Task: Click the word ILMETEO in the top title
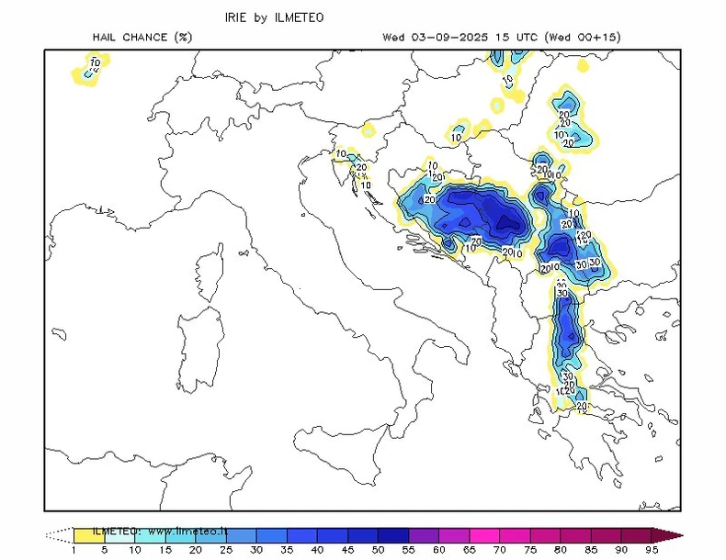coord(301,17)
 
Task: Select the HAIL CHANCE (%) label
coord(142,38)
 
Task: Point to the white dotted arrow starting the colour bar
coord(60,534)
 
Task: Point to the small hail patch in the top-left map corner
coord(91,69)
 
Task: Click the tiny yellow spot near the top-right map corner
coord(581,66)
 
